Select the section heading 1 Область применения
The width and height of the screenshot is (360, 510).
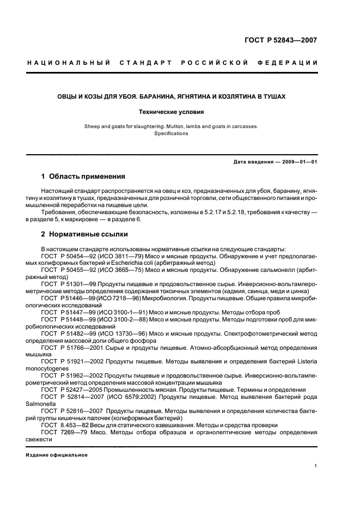click(83, 177)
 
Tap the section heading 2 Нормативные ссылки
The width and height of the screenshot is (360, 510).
click(85, 234)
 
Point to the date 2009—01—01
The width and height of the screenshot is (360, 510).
click(295, 162)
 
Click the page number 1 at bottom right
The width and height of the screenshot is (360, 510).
click(316, 465)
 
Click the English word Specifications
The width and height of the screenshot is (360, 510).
click(171, 133)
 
